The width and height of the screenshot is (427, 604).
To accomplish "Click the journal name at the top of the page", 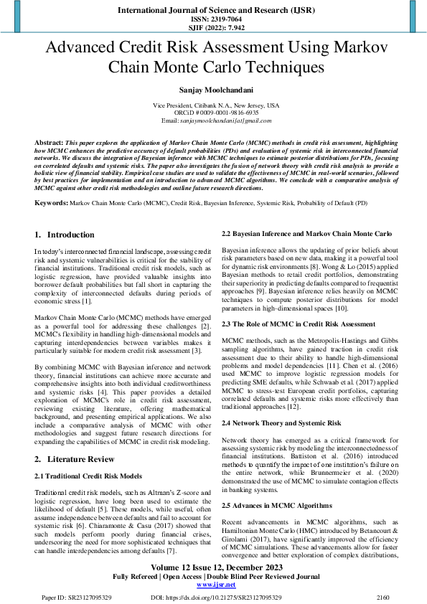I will tap(213, 11).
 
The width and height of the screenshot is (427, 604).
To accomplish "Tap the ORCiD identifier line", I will tap(213, 113).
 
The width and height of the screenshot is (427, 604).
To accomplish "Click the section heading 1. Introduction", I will tap(65, 235).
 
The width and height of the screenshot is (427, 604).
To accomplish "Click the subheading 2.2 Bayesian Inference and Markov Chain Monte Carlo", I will tap(306, 234).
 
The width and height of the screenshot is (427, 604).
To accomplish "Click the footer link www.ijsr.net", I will tap(213, 585).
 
